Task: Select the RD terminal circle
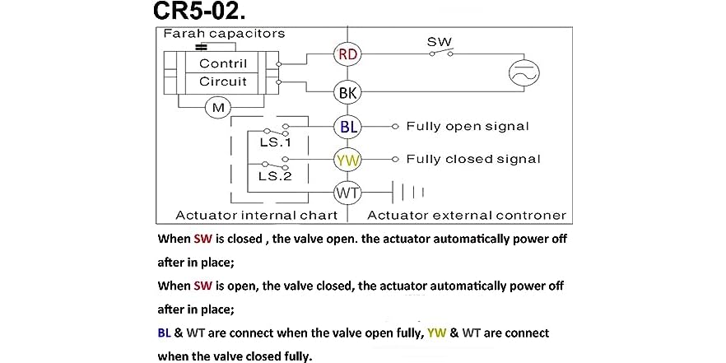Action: click(x=347, y=54)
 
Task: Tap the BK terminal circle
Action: click(x=347, y=92)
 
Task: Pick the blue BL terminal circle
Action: click(x=347, y=127)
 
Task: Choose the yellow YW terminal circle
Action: click(x=347, y=160)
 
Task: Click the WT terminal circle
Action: click(x=347, y=193)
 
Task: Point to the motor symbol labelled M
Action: click(x=218, y=108)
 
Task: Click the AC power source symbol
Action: click(x=521, y=73)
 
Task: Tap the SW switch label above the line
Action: click(x=439, y=41)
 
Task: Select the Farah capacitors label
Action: click(x=224, y=34)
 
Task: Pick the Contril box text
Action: click(x=222, y=63)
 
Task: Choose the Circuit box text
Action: click(x=222, y=81)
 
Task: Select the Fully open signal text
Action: click(x=467, y=127)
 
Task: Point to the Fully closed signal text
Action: click(x=472, y=159)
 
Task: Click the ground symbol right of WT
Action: click(x=409, y=193)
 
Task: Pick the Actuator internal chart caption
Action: click(x=257, y=216)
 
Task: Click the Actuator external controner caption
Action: click(x=466, y=216)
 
